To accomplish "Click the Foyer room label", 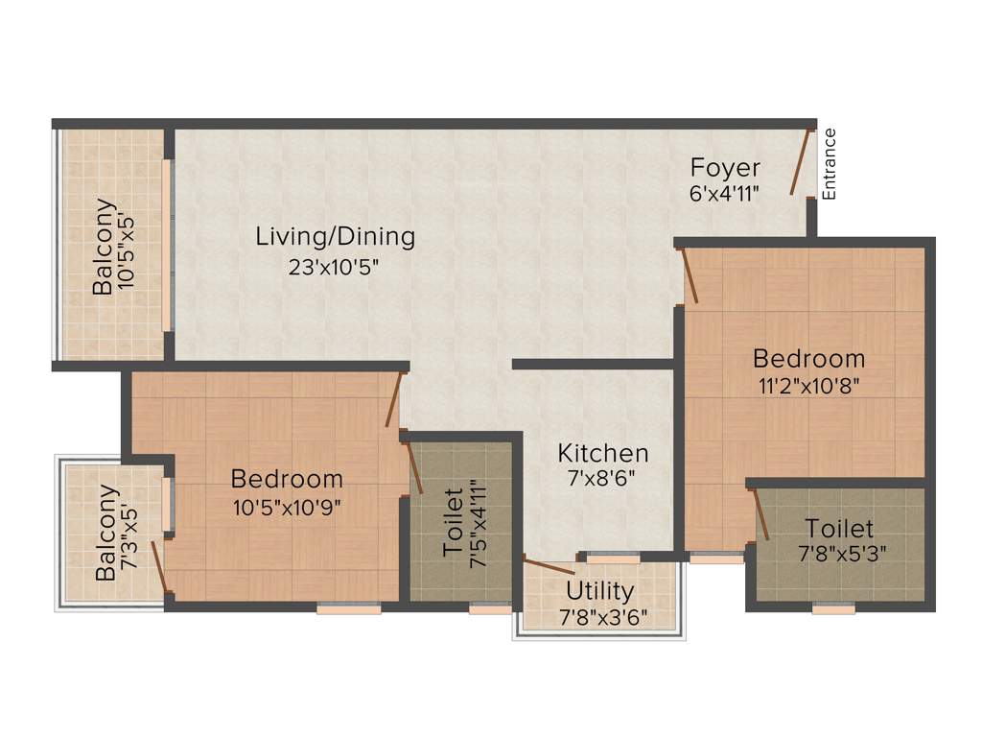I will point(725,168).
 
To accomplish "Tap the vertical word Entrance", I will point(830,164).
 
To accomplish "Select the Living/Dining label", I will point(335,236).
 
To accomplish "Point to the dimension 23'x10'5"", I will point(335,267).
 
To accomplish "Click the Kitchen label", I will point(603,452).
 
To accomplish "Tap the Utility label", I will point(599,590).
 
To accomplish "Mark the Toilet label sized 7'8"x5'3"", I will point(839,529).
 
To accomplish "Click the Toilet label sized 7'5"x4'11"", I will point(454,523).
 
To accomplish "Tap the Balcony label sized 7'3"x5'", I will point(107,534).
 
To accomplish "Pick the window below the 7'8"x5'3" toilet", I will point(833,607).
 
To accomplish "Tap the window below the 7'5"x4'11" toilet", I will point(490,607).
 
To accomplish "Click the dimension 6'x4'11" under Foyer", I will point(725,193).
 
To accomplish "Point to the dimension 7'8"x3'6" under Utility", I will point(603,616).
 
